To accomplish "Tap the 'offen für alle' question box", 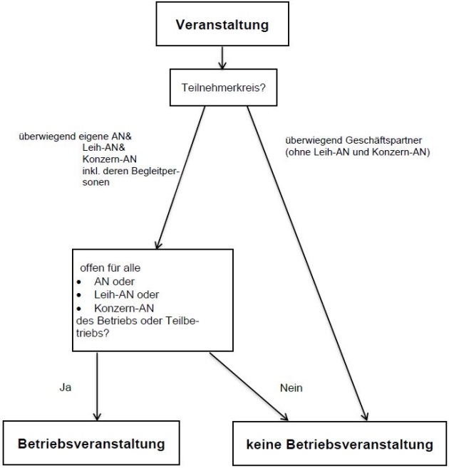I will click(152, 299).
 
